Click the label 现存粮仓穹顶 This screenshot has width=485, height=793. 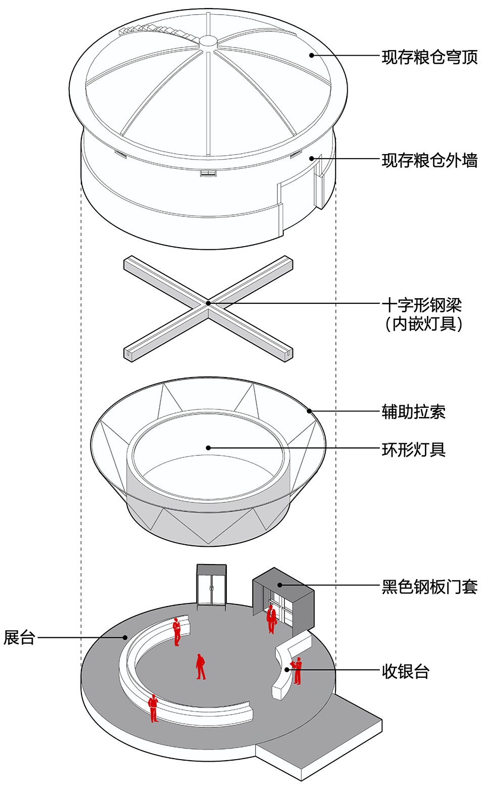coord(429,57)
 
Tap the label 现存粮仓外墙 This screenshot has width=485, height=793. coord(429,161)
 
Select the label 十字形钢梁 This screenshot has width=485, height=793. coord(421,305)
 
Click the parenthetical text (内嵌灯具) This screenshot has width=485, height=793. coord(423,324)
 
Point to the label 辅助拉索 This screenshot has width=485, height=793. coord(413,412)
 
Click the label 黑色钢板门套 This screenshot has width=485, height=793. coord(429,587)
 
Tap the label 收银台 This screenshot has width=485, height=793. coord(405,672)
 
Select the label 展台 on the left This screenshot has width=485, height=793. coord(19,637)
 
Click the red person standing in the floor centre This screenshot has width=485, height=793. coord(201,667)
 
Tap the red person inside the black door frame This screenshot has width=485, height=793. coord(271,618)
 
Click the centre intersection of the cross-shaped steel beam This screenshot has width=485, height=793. coord(208,303)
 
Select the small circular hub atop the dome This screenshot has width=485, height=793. coord(208,42)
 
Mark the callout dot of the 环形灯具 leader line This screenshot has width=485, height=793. coord(208,448)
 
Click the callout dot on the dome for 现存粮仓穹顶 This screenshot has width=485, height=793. coord(312,55)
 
